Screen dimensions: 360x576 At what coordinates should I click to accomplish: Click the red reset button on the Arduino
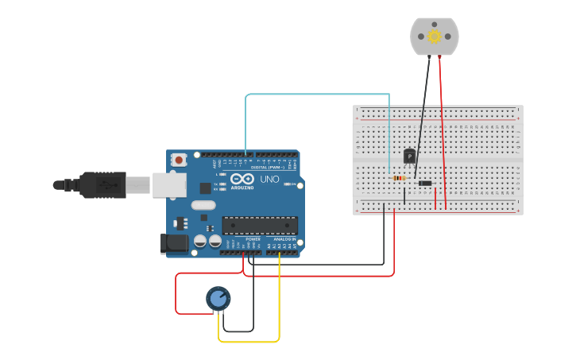click(179, 160)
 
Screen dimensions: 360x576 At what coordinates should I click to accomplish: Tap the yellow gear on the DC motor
click(435, 36)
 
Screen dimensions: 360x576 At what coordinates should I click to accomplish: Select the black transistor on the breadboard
click(409, 156)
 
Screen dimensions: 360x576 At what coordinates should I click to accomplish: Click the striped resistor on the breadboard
click(400, 178)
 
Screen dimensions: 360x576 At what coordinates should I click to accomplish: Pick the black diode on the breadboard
click(425, 184)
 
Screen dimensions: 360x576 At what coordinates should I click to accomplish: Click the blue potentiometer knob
click(218, 299)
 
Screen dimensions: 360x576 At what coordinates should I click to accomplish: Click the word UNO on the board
click(269, 180)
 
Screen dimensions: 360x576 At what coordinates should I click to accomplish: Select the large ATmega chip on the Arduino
click(260, 225)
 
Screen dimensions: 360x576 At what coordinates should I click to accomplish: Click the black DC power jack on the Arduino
click(175, 244)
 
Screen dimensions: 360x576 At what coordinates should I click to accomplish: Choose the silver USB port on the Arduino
click(168, 184)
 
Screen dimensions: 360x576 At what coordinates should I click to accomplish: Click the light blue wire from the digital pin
click(318, 95)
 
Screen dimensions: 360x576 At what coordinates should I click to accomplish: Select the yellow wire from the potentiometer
click(249, 342)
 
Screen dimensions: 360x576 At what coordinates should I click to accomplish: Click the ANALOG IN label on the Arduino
click(284, 238)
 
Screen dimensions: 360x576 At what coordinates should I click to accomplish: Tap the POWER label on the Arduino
click(253, 238)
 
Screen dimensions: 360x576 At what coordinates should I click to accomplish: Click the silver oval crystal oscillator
click(203, 205)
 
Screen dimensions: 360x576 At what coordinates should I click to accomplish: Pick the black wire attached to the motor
click(422, 119)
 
